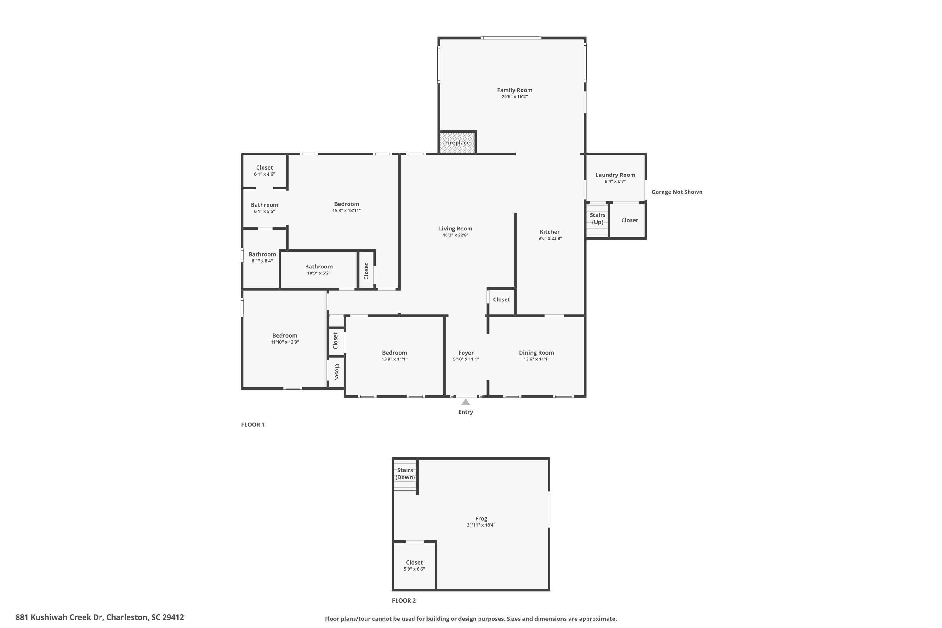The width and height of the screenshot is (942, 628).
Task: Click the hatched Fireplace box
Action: click(457, 143)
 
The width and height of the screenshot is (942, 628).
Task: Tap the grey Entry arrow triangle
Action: click(465, 402)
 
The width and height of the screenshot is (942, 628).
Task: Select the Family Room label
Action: click(514, 90)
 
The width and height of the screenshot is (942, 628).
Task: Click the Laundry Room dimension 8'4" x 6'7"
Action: click(615, 181)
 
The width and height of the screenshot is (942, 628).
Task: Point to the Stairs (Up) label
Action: click(597, 219)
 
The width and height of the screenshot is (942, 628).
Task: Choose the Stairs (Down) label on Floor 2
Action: click(405, 474)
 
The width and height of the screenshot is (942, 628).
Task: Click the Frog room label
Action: click(481, 518)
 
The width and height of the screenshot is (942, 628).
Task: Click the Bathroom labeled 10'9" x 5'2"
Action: click(318, 267)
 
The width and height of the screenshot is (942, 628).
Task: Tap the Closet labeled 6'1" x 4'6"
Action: click(264, 168)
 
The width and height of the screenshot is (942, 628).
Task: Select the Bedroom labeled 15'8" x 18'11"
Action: click(346, 204)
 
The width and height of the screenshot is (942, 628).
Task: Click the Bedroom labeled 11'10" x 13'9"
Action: click(285, 336)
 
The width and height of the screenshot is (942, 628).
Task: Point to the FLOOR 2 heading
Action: click(404, 600)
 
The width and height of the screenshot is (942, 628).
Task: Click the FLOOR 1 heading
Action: click(253, 425)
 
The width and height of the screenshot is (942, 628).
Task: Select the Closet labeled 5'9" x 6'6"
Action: click(414, 562)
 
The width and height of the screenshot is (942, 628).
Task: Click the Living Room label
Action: click(455, 229)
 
